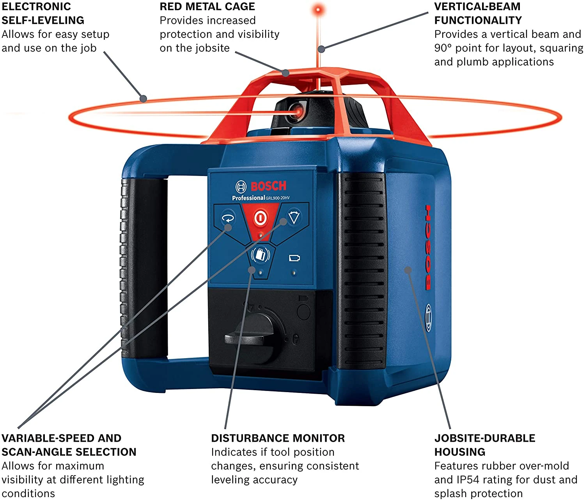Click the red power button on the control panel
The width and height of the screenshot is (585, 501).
point(261,218)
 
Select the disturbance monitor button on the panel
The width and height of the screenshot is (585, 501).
point(261,255)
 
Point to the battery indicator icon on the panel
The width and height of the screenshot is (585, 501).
point(294,258)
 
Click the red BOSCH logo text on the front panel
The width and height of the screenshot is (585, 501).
point(268,186)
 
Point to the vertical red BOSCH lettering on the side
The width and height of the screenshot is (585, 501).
point(428,247)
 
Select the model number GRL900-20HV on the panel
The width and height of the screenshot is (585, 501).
point(278,198)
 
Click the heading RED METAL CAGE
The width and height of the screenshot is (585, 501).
point(207,7)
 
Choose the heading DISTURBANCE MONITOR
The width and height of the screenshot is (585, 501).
point(278,438)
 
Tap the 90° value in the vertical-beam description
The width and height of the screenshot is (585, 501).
point(443,48)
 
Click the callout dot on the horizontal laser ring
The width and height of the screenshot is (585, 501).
point(144,99)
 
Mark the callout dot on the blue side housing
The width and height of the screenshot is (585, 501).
point(408,270)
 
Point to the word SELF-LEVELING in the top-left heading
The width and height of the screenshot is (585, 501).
point(43,20)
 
